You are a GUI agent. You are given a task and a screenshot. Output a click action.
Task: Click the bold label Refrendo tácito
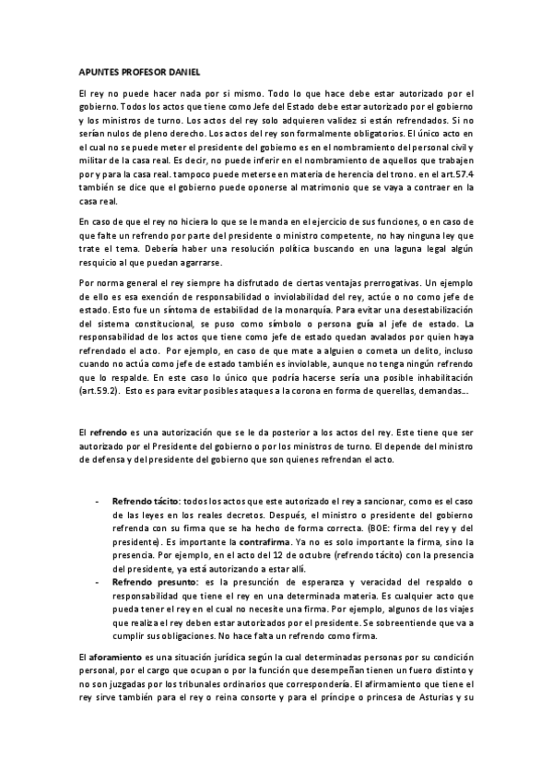146,499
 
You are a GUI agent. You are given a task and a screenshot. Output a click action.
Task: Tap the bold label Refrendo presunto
151,584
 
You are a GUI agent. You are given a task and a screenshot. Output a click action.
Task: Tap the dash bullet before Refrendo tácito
98,499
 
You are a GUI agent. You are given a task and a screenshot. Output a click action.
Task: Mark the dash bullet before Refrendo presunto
98,584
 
